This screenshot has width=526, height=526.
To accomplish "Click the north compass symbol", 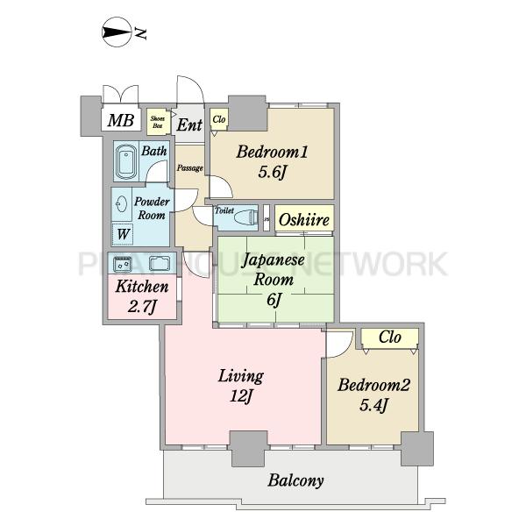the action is (x=116, y=32).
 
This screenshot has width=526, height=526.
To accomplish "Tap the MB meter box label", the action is (x=121, y=120).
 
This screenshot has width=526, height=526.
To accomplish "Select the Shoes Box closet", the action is (x=157, y=122).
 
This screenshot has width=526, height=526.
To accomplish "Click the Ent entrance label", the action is (x=189, y=124).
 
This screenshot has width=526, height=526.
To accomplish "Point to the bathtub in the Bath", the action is (x=125, y=161).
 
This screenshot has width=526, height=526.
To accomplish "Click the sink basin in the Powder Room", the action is (x=122, y=203).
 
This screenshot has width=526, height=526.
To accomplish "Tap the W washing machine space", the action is (x=123, y=234).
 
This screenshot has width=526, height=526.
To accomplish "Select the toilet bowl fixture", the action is (x=246, y=218).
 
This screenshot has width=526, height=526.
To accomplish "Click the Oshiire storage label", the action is (x=304, y=220).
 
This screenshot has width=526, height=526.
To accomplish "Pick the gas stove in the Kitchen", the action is (x=123, y=263).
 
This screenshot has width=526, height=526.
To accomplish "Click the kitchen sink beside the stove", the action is (x=159, y=263).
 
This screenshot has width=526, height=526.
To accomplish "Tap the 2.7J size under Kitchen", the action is (x=142, y=306).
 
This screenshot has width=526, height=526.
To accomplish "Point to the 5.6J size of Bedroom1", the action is (x=272, y=173).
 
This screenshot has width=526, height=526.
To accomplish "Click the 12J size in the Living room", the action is (x=241, y=396).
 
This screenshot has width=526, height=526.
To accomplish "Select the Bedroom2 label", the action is (x=373, y=385).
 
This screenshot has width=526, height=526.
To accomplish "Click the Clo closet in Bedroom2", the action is (x=390, y=338).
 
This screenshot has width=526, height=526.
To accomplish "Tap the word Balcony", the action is (x=295, y=480).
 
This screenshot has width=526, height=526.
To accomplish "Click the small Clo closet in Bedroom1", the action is (x=219, y=119).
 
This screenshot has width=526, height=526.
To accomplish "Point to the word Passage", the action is (x=190, y=167).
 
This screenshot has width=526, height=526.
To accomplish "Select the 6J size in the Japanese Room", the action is (x=274, y=299).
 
